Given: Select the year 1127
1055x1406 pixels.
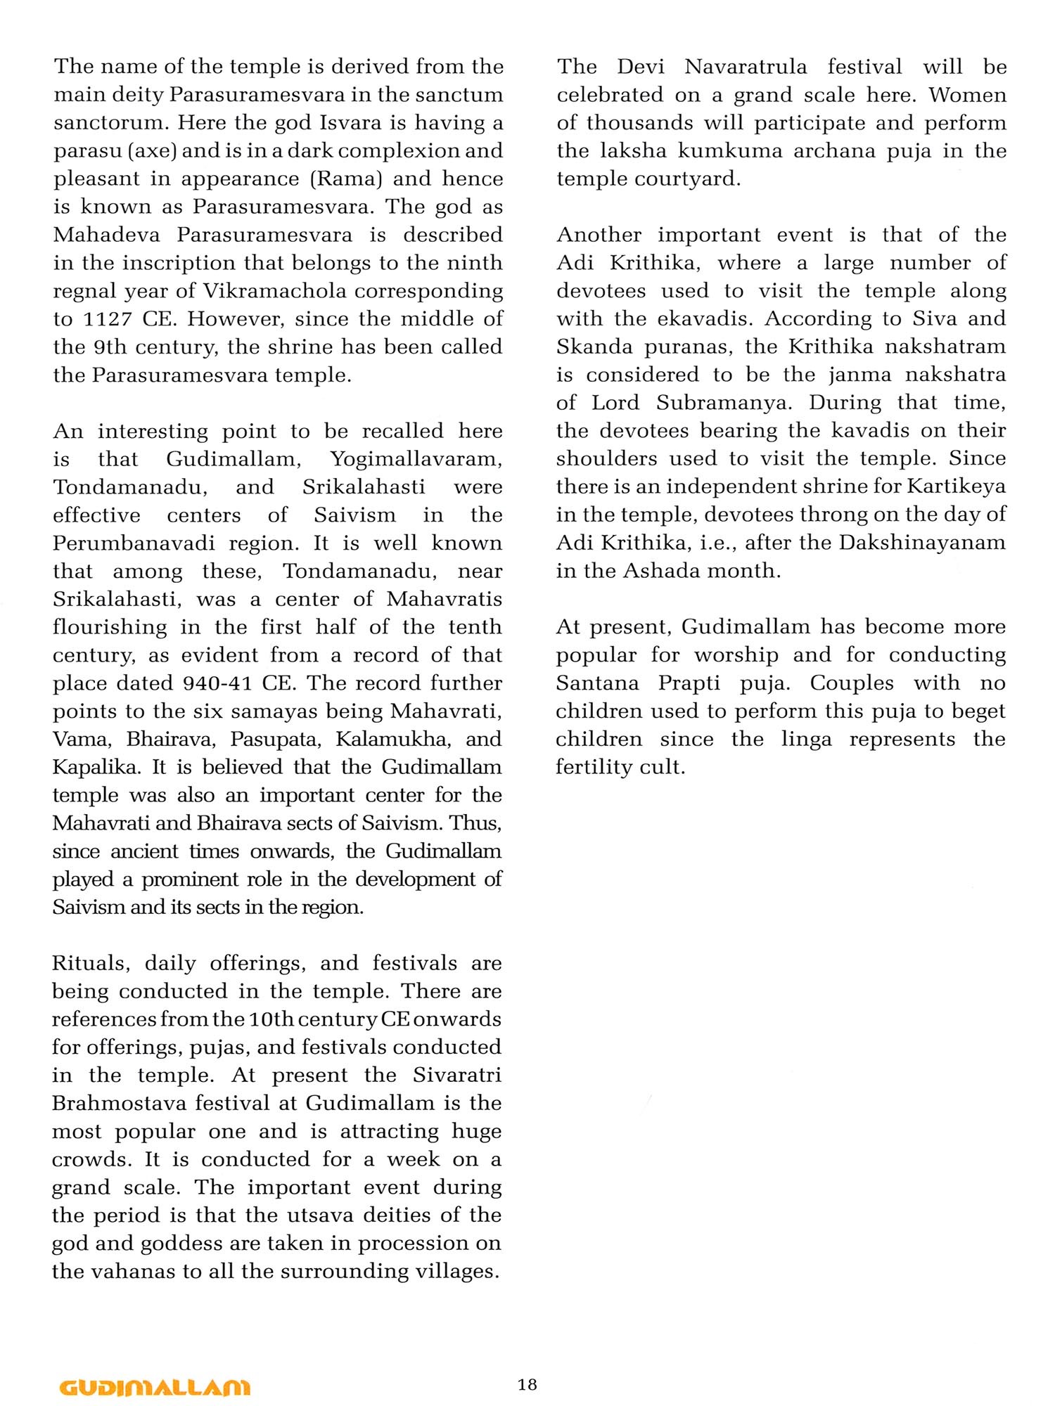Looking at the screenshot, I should coord(108,319).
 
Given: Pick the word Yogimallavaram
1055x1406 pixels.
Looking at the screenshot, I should coord(416,459).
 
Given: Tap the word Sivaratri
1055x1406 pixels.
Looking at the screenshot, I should coord(457,1075).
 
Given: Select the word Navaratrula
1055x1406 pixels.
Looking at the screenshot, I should coord(746,67).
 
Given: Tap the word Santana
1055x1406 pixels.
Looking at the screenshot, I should coord(597,683).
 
